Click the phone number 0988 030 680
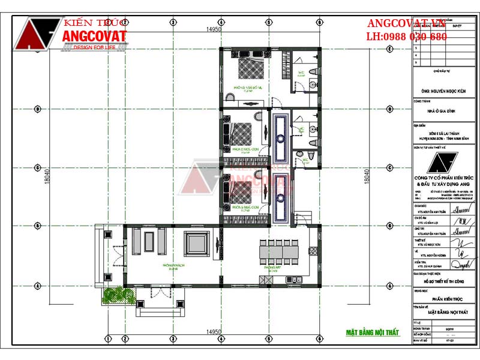415,37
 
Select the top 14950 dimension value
214,29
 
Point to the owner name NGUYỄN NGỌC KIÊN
444,91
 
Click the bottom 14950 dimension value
214,332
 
